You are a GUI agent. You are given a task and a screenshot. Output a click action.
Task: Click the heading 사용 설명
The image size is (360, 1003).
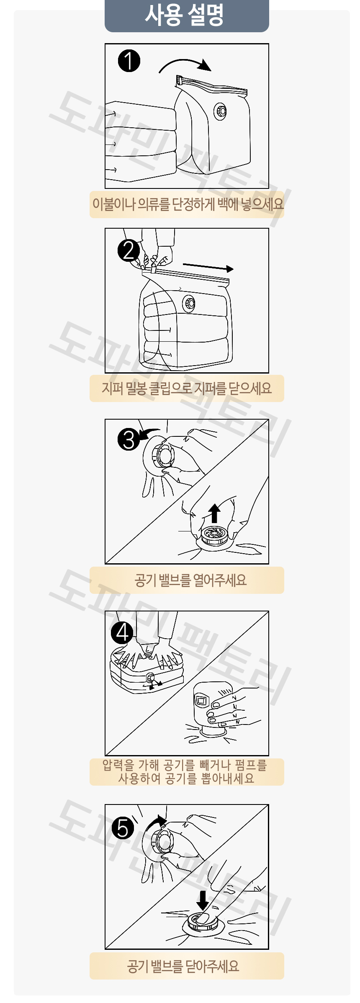click(184, 15)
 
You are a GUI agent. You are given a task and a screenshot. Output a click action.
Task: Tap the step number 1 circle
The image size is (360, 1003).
click(129, 61)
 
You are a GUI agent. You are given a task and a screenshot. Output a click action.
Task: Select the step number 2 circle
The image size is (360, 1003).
click(129, 250)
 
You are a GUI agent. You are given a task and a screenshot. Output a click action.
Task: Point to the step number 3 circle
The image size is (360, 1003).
click(129, 439)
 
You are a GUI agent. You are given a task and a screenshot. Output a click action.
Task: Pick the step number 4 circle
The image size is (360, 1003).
click(122, 632)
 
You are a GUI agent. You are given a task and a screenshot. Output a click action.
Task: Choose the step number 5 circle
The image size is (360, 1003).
click(123, 828)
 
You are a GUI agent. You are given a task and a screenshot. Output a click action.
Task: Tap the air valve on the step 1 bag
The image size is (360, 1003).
click(220, 111)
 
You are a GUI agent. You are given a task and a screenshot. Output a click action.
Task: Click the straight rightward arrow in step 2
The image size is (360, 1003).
click(208, 267)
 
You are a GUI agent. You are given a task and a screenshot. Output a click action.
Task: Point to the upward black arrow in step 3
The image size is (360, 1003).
click(214, 513)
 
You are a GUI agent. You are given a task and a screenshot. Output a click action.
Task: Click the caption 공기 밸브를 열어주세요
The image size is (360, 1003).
click(190, 580)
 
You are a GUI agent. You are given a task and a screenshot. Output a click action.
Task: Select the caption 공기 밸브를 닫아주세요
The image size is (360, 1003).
click(183, 966)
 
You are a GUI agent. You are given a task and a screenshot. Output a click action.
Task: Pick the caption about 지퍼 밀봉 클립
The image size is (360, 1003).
click(187, 388)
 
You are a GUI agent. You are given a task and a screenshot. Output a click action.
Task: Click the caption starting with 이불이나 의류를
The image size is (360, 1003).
click(188, 204)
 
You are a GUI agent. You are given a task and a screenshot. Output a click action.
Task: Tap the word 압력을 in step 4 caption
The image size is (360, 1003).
click(118, 765)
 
